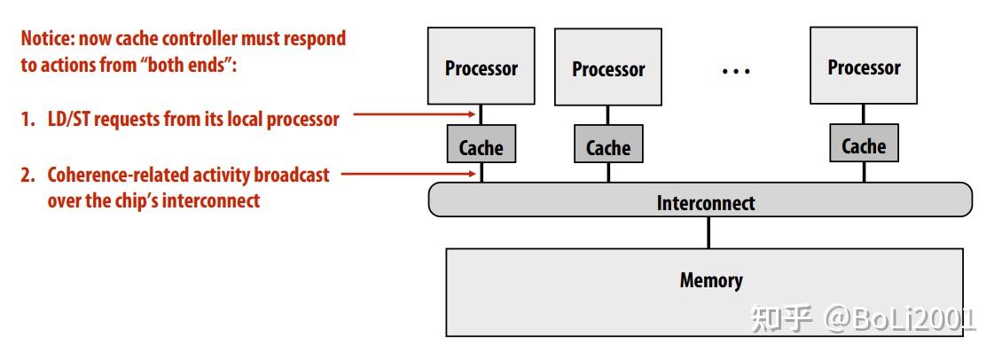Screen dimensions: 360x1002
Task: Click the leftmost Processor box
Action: tap(481, 67)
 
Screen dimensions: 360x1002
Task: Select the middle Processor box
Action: tap(608, 69)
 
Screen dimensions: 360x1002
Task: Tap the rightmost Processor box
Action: tap(864, 67)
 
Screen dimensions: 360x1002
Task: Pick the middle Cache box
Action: tap(608, 148)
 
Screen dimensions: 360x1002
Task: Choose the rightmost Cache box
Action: tap(864, 145)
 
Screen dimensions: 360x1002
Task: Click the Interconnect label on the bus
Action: tap(706, 203)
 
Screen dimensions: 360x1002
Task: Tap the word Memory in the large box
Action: tap(710, 281)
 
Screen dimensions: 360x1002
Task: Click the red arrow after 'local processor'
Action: tap(412, 114)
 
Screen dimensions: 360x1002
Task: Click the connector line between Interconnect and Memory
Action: tap(708, 232)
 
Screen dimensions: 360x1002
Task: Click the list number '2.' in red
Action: tap(28, 175)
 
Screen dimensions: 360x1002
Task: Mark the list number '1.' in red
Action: tap(28, 120)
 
